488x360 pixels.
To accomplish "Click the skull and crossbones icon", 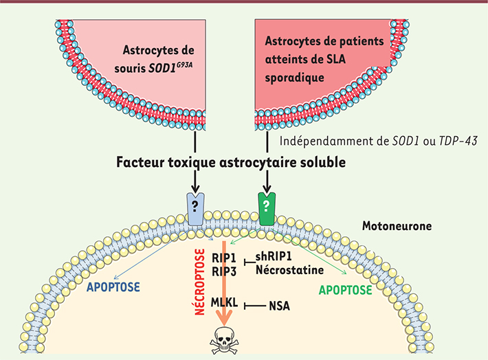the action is pyautogui.click(x=224, y=340).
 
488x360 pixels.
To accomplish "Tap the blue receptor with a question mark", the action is pyautogui.click(x=195, y=209).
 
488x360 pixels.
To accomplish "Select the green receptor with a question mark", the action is pyautogui.click(x=267, y=209).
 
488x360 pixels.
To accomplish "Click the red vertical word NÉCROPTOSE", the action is pyautogui.click(x=199, y=282).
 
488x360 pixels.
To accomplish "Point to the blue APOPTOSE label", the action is pyautogui.click(x=113, y=287).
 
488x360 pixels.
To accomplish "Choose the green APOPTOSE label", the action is pyautogui.click(x=346, y=290).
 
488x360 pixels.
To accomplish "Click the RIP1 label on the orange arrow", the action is pyautogui.click(x=224, y=258).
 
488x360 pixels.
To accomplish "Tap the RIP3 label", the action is pyautogui.click(x=224, y=271).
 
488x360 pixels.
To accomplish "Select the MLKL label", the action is pyautogui.click(x=224, y=302).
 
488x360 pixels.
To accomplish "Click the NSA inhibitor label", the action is pyautogui.click(x=280, y=306).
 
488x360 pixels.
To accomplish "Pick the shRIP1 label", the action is pyautogui.click(x=274, y=256).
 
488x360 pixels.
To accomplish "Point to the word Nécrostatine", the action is pyautogui.click(x=290, y=270).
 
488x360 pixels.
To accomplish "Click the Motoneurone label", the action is pyautogui.click(x=397, y=226).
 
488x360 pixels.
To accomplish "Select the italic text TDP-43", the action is pyautogui.click(x=458, y=142).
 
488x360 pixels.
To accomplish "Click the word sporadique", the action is pyautogui.click(x=294, y=78).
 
